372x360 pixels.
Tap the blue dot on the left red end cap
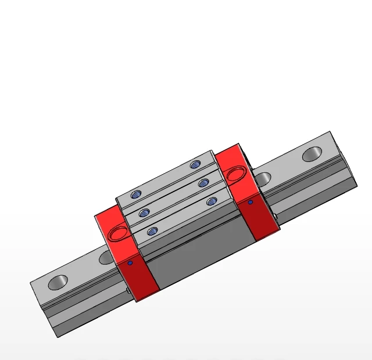coord(130,263)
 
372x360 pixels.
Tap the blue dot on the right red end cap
coord(251,202)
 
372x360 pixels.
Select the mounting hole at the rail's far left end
coord(58,283)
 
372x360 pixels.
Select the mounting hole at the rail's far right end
coord(312,154)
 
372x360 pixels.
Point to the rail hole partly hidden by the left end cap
coord(106,257)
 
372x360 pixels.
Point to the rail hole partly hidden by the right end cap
coord(263,178)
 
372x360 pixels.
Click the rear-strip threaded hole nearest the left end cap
coord(137,193)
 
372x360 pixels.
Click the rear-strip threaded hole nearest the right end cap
coord(195,165)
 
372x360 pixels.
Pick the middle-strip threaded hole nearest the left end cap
coord(145,212)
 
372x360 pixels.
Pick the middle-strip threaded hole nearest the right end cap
coord(203,183)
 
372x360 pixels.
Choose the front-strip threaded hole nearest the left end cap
coord(153,231)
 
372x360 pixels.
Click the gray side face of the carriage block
coord(198,255)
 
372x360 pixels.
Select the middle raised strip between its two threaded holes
coord(174,197)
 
